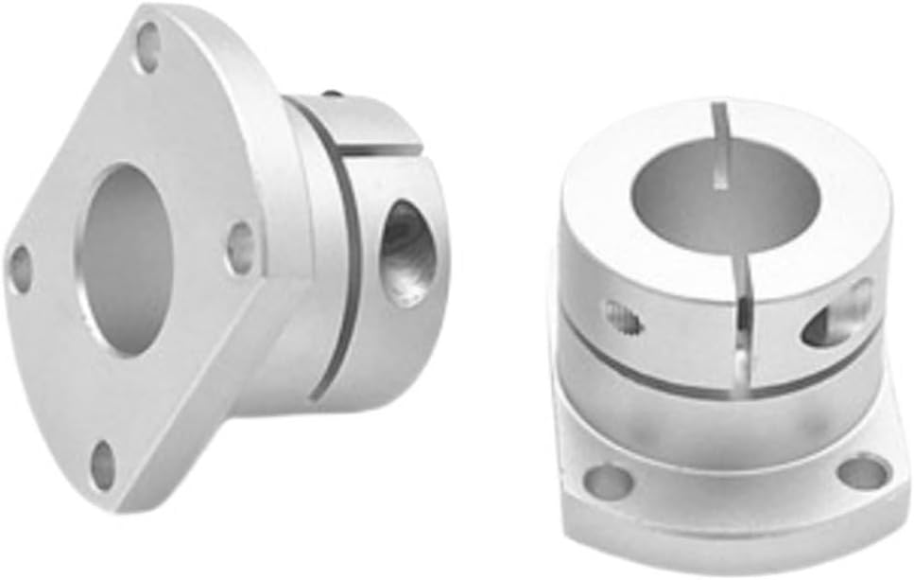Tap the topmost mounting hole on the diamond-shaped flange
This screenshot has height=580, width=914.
[x=148, y=47]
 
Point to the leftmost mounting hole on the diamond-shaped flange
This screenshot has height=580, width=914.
[x=20, y=268]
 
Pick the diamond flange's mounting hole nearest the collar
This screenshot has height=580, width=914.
[x=241, y=248]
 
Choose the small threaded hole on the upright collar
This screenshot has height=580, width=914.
[x=625, y=318]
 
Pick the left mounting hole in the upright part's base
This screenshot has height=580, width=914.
[x=609, y=480]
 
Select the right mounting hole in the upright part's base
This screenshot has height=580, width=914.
[x=863, y=470]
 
